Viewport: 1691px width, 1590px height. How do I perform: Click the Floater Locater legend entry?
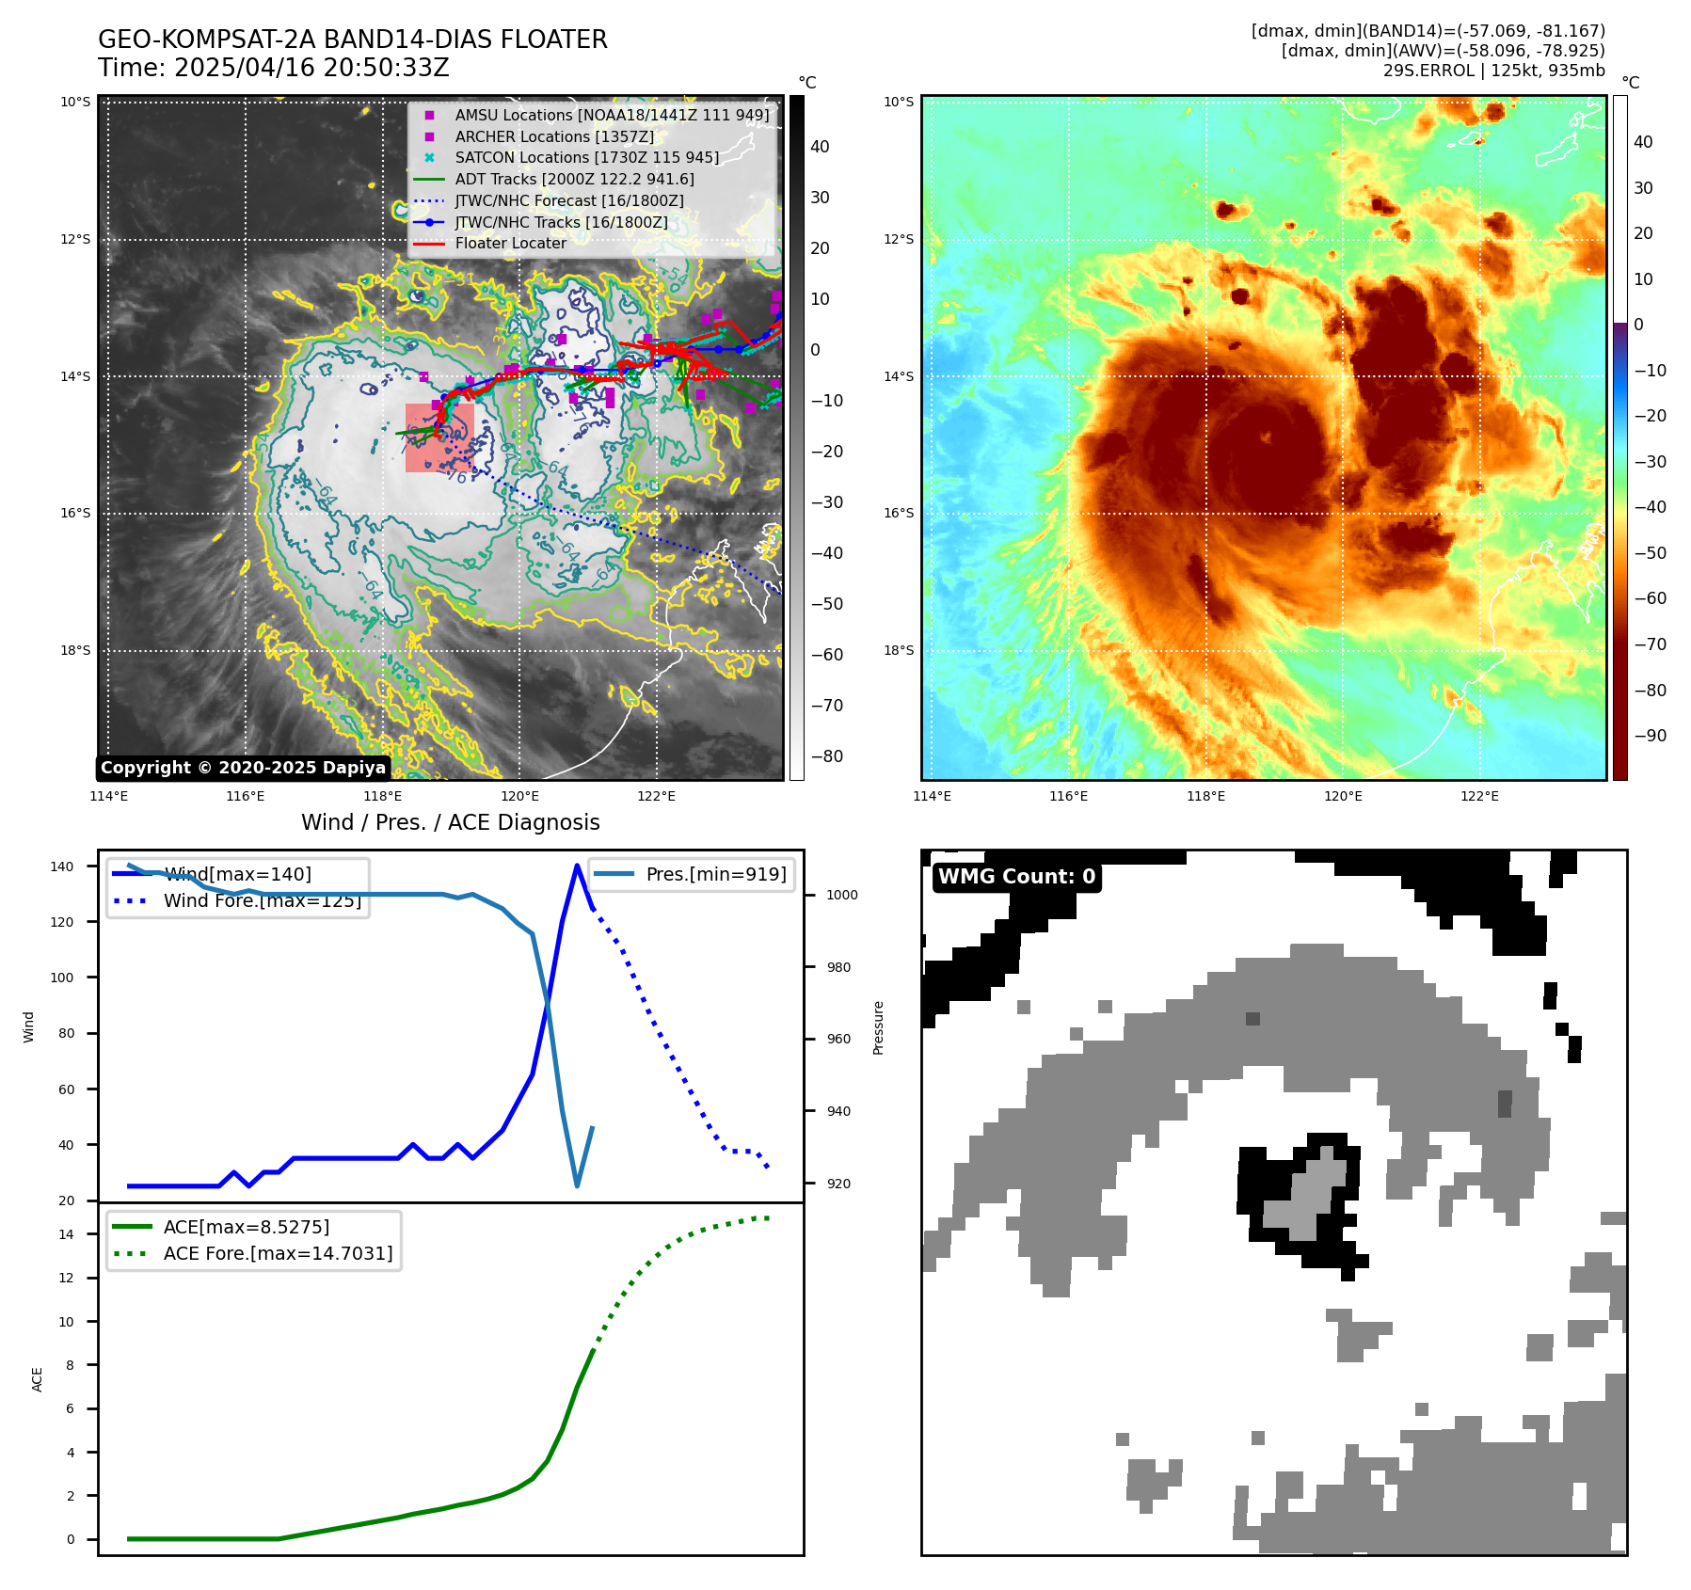click(x=510, y=244)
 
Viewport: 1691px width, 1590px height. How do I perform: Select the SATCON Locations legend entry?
click(x=587, y=158)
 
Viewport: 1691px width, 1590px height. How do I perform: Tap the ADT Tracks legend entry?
click(x=574, y=179)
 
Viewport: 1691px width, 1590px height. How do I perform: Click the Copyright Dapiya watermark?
click(x=243, y=768)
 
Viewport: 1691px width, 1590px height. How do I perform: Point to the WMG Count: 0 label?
click(x=1016, y=877)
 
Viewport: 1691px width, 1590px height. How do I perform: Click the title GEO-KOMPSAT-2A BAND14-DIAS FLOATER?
click(x=353, y=40)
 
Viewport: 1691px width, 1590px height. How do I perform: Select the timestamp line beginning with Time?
click(x=274, y=69)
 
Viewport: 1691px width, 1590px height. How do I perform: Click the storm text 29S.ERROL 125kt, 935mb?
click(x=1493, y=71)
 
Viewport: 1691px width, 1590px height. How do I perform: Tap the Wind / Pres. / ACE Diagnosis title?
click(x=450, y=822)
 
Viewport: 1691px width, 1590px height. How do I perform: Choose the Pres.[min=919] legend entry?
click(x=715, y=874)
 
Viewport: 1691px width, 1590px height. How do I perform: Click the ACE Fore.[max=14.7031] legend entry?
click(x=278, y=1253)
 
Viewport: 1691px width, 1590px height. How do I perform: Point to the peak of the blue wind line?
click(x=577, y=866)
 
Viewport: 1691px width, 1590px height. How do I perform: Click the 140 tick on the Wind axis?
click(x=62, y=867)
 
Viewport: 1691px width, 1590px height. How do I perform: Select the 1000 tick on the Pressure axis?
click(x=841, y=895)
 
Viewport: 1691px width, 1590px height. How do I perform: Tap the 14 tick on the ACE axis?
click(x=66, y=1234)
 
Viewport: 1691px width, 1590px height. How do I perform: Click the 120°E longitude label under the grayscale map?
click(x=519, y=796)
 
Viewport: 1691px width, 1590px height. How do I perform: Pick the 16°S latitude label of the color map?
click(x=899, y=514)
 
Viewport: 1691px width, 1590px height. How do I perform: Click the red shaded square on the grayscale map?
click(x=439, y=438)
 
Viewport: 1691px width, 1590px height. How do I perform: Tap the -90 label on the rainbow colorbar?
click(x=1650, y=736)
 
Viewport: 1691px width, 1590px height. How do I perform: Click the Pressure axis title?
click(x=878, y=1027)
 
